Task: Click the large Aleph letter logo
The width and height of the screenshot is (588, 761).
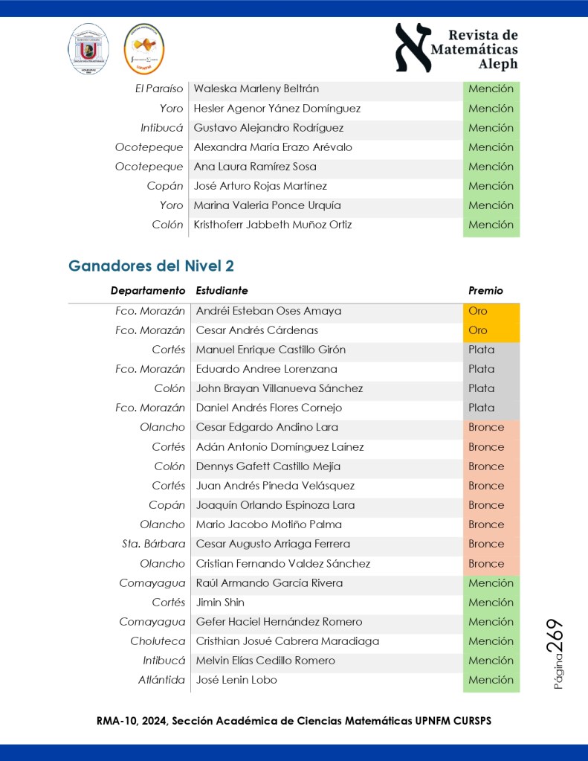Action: coord(413,48)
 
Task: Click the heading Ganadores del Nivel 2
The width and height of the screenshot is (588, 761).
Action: coord(152,266)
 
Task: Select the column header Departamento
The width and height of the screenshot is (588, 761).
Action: coord(148,291)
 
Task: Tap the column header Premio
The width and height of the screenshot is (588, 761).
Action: coord(485,291)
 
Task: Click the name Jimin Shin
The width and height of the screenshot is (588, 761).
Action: coord(220,603)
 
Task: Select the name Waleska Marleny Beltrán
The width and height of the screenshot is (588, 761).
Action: coord(256,89)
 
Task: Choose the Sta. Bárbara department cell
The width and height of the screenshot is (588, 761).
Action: coord(154,544)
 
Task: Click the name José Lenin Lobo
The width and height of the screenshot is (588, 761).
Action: coord(236,680)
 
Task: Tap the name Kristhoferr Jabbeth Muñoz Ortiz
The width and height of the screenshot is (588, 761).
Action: coord(273,225)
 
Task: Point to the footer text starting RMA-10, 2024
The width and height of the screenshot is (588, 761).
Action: coord(294,721)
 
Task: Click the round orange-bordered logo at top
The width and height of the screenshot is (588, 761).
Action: coord(144,49)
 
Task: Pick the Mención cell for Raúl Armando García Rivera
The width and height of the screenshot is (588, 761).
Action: coord(491,583)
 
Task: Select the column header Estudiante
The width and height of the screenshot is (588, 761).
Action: coord(222,291)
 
